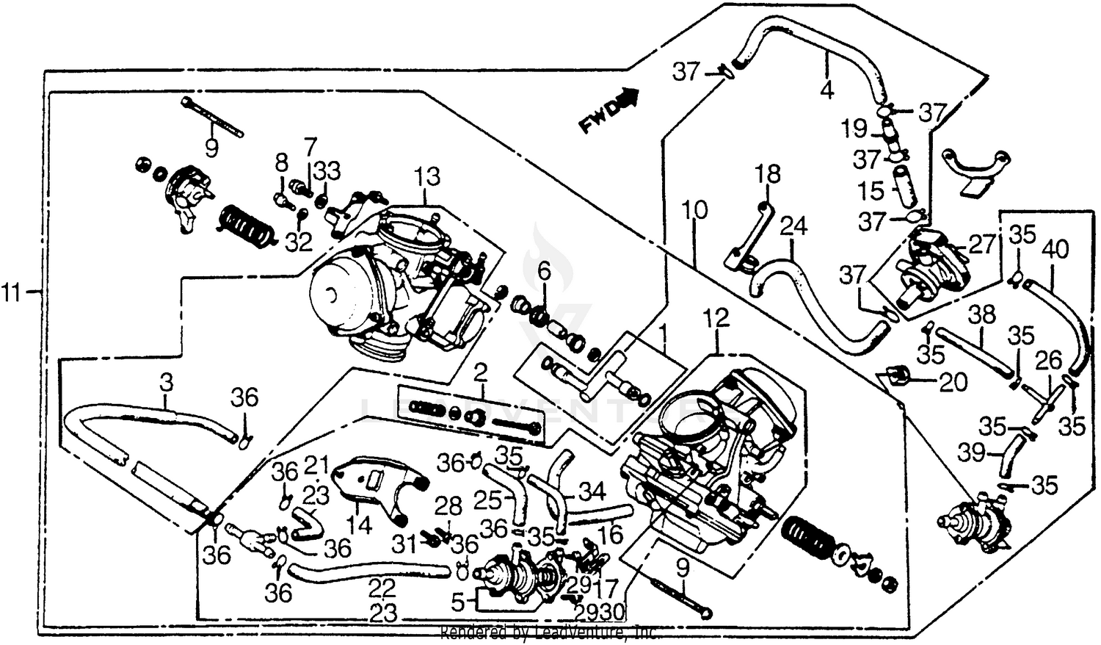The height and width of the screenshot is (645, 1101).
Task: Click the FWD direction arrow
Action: tap(608, 110)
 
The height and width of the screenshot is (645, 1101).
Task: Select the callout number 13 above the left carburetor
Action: tap(426, 176)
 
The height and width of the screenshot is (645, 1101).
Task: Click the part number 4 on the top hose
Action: tap(826, 90)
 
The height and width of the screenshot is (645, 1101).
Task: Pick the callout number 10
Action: tap(694, 211)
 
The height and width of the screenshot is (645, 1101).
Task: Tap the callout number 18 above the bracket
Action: tap(768, 174)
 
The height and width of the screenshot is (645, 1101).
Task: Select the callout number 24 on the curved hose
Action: tap(793, 226)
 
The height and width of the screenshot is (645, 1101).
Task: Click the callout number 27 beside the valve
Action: tap(981, 245)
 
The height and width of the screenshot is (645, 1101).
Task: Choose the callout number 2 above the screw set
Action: tap(480, 372)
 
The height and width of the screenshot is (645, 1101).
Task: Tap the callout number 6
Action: tap(543, 271)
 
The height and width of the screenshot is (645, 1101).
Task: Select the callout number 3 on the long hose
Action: tap(167, 382)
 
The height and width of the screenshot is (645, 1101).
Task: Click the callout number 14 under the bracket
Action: tap(359, 525)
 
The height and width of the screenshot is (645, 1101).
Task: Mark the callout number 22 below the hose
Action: tap(383, 587)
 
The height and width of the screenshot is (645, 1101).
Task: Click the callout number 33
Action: tap(327, 171)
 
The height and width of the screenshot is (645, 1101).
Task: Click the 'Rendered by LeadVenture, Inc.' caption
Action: tap(548, 633)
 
